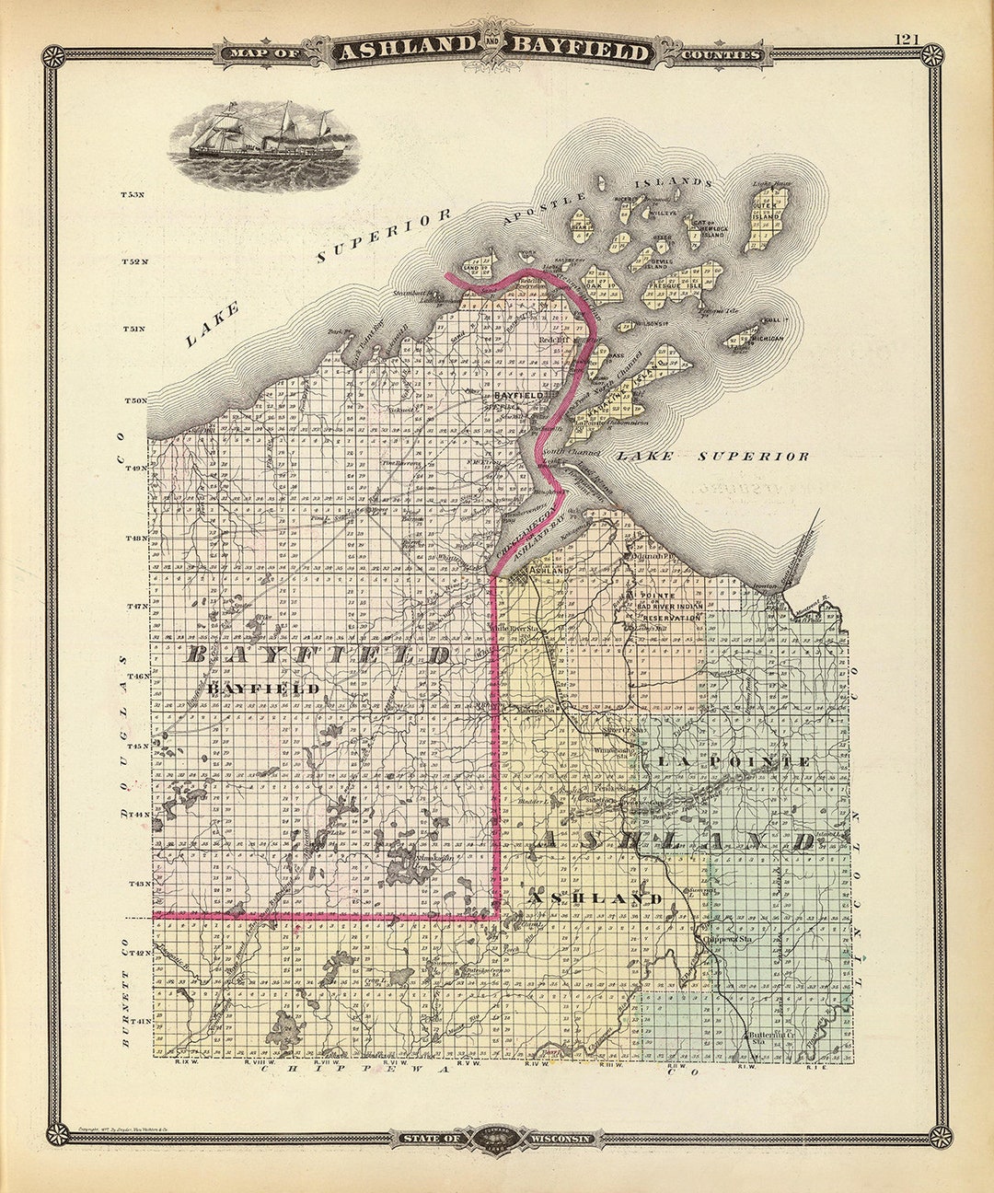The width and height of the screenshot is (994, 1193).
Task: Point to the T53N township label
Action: point(133,195)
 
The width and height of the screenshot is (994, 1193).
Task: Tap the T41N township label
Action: point(139,1021)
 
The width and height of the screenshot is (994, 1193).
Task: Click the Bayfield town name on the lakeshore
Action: point(515,395)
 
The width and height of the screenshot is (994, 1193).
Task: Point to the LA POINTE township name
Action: point(734,762)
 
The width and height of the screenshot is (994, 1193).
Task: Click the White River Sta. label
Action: point(517,629)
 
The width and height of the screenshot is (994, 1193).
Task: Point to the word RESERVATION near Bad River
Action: point(670,618)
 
